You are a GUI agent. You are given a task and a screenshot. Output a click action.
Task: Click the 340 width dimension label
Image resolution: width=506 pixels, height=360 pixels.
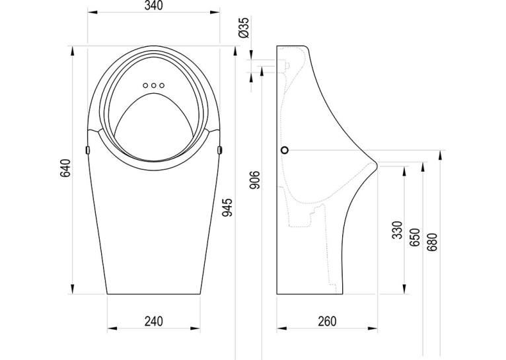click(154, 5)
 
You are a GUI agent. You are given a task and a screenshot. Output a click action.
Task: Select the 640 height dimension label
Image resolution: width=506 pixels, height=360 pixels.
click(65, 168)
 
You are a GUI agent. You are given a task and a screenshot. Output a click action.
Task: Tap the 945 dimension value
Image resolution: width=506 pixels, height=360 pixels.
click(227, 207)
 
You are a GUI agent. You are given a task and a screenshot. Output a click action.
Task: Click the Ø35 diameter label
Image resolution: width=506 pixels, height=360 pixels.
click(245, 28)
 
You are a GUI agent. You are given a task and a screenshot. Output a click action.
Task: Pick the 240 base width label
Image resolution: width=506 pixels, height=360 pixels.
click(154, 321)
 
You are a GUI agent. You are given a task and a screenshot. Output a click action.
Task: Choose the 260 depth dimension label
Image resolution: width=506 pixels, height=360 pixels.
click(327, 321)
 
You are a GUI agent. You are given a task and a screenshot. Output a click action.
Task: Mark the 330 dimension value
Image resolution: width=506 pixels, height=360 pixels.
click(398, 230)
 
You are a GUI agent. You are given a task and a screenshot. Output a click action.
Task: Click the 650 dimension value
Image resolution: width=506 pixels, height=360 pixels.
click(415, 237)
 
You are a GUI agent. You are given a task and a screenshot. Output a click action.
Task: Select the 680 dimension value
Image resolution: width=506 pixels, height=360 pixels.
click(432, 242)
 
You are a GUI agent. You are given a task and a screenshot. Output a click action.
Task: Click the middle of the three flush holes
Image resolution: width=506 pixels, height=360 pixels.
click(154, 85)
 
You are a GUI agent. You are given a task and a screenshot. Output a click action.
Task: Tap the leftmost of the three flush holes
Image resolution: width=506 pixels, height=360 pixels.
click(145, 85)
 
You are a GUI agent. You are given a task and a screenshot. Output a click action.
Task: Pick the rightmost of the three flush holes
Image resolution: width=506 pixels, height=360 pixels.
click(162, 85)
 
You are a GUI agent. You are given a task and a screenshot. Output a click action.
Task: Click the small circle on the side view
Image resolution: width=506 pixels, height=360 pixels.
click(285, 150)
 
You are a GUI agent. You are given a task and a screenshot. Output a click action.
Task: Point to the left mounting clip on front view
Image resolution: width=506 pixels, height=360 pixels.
click(87, 150)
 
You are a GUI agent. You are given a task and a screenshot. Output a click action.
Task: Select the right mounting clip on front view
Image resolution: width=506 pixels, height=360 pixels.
click(220, 150)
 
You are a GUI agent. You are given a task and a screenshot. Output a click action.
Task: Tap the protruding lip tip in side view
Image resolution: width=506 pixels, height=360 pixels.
click(377, 166)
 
